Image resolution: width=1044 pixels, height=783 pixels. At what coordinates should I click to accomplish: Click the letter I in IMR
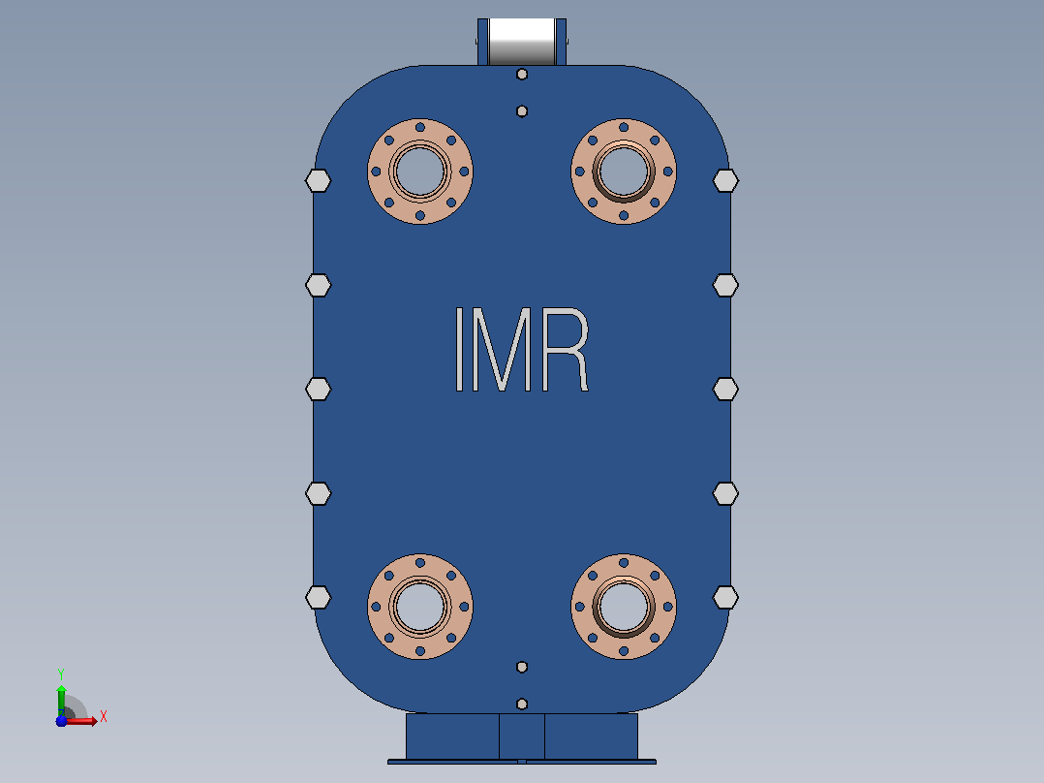pyautogui.click(x=459, y=349)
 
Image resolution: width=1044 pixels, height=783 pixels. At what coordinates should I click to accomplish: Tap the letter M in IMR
pyautogui.click(x=502, y=349)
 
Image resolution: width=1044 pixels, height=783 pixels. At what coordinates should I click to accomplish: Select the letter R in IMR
pyautogui.click(x=566, y=349)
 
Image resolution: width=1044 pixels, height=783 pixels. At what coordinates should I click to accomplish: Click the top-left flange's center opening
pyautogui.click(x=420, y=172)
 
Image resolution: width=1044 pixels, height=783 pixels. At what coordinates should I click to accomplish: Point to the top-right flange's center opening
pyautogui.click(x=624, y=172)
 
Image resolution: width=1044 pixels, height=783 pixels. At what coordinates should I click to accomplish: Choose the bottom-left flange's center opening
pyautogui.click(x=420, y=607)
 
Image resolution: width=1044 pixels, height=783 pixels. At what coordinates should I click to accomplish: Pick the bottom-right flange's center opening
pyautogui.click(x=624, y=607)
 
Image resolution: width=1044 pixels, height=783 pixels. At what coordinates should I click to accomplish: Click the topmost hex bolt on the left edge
pyautogui.click(x=319, y=180)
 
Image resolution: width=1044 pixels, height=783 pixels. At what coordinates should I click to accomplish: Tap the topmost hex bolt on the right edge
pyautogui.click(x=725, y=180)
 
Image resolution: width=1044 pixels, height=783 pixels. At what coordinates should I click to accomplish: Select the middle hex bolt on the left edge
pyautogui.click(x=319, y=390)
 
